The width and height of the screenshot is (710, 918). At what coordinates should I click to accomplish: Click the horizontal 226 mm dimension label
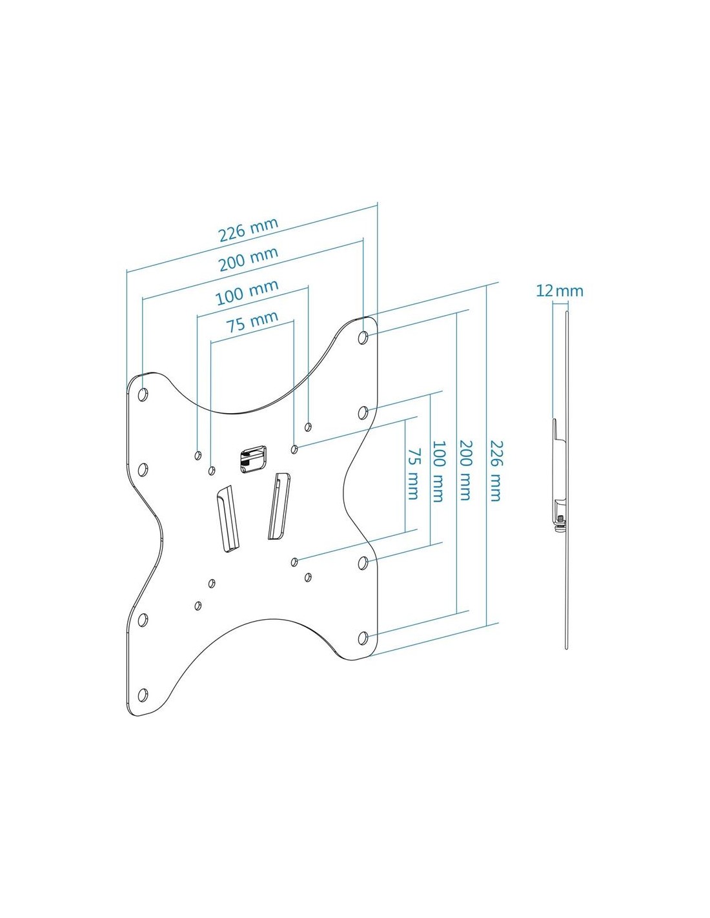point(249,229)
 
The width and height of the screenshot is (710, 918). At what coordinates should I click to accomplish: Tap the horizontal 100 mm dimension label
point(247,292)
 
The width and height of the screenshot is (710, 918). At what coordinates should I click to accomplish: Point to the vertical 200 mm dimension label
point(465,471)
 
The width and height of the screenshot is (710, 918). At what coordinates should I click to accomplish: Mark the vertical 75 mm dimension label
point(412,474)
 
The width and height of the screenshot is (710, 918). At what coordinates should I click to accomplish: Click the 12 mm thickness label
point(559,291)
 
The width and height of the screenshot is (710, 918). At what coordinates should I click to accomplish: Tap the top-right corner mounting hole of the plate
point(363,338)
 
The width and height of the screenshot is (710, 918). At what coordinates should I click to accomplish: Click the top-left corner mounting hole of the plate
point(143,394)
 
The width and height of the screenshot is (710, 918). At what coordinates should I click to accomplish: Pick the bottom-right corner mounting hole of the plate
point(363,649)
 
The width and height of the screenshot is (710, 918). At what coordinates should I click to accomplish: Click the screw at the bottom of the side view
point(560,519)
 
